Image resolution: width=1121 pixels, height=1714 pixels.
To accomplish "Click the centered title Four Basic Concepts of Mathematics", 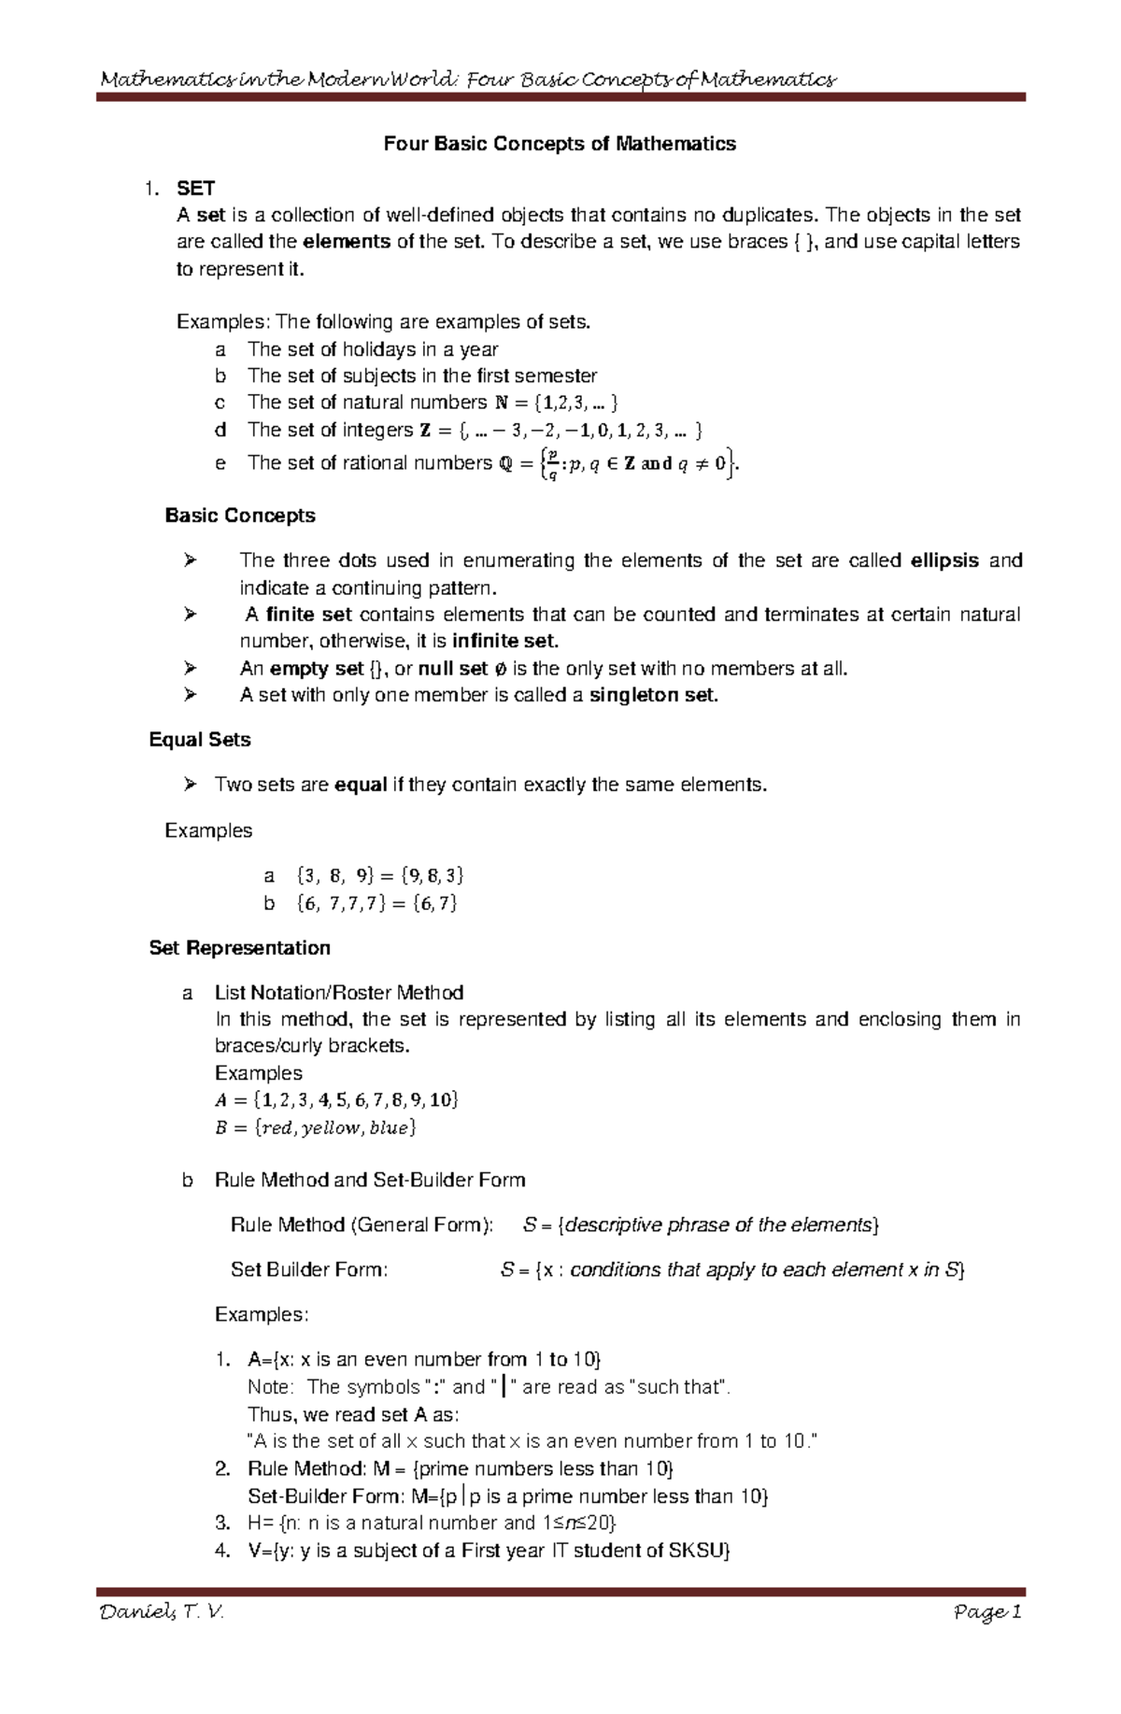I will [x=560, y=144].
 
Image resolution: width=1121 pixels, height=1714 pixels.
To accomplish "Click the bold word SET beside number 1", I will [x=196, y=189].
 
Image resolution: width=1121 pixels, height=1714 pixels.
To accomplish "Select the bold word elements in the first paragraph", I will [x=348, y=242].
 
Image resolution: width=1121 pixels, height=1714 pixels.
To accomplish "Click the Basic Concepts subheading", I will [x=240, y=516].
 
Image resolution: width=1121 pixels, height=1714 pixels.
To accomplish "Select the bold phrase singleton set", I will [x=654, y=695].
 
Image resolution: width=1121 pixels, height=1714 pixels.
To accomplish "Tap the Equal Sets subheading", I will [x=200, y=740].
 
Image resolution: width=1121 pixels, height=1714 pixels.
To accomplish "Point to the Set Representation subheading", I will [x=240, y=948].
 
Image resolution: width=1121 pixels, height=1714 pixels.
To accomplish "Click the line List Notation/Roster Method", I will [x=339, y=993].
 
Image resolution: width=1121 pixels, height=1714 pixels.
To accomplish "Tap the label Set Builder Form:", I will [x=309, y=1269].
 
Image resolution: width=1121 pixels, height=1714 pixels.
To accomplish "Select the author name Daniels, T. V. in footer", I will [x=162, y=1613].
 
